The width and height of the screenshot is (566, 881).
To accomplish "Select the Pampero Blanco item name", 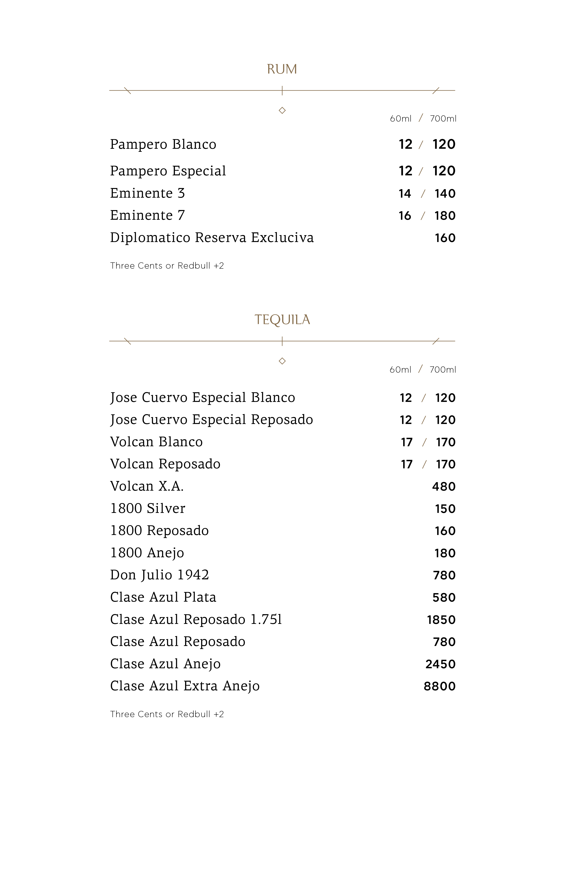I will [163, 144].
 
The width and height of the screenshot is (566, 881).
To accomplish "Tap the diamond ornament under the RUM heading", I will [282, 110].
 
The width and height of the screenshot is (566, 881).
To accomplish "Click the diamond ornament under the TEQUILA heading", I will [282, 361].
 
